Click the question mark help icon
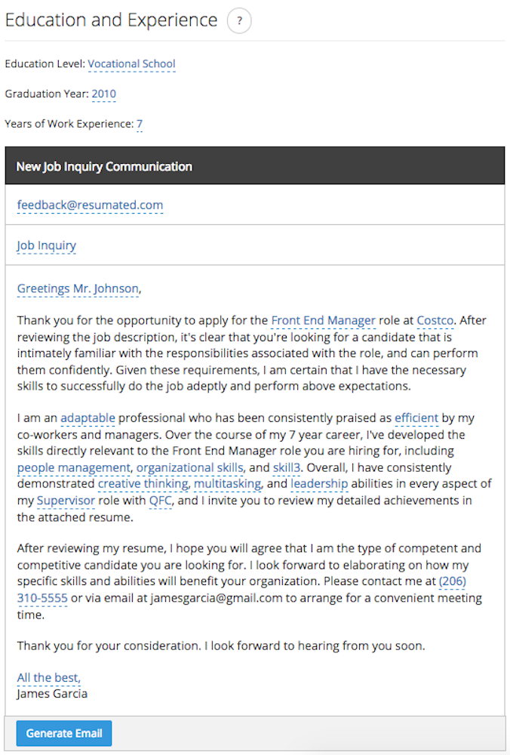coord(239,21)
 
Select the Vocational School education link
coord(131,64)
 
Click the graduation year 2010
coord(103,94)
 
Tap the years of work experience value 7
coord(140,124)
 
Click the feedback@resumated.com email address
coord(90,205)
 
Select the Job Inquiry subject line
coord(47,245)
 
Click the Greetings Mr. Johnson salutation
coord(78,288)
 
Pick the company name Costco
coord(435,321)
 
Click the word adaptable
coord(88,418)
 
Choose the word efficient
coord(416,418)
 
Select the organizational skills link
coord(189,468)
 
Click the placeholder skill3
coord(287,468)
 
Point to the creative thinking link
coord(143,484)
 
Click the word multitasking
coord(227,484)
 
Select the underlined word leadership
coord(319,484)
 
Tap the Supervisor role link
coord(66,501)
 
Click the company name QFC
coord(160,501)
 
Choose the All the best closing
coord(48,678)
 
